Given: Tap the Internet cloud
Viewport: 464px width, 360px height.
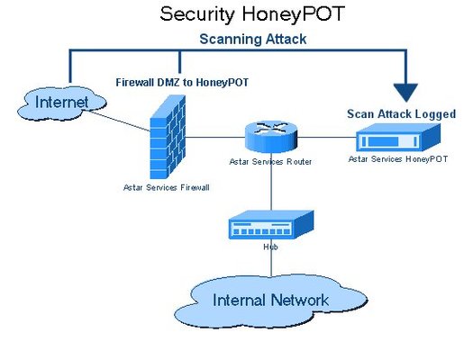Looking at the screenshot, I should point(59,103).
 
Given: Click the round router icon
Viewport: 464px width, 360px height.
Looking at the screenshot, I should point(270,136).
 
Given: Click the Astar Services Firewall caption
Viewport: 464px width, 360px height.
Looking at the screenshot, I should point(166,187).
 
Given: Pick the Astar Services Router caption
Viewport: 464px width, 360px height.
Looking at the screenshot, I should point(269,162).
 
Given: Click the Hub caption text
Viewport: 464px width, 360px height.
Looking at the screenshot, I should point(268,246).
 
